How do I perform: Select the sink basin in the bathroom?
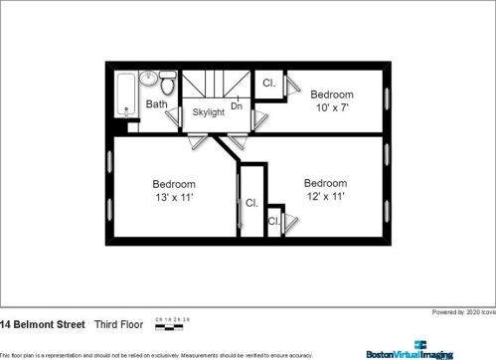tap(148, 79)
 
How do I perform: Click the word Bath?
tap(157, 104)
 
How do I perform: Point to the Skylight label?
tap(209, 111)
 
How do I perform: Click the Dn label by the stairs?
tap(237, 104)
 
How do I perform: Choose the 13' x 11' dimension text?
tap(173, 198)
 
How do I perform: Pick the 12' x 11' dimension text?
tap(325, 197)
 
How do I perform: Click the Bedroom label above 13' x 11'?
tap(173, 184)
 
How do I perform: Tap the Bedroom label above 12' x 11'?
tap(325, 183)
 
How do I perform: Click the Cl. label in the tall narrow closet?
tap(251, 203)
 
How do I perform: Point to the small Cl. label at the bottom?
tap(273, 221)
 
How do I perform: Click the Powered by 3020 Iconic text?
tap(462, 312)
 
